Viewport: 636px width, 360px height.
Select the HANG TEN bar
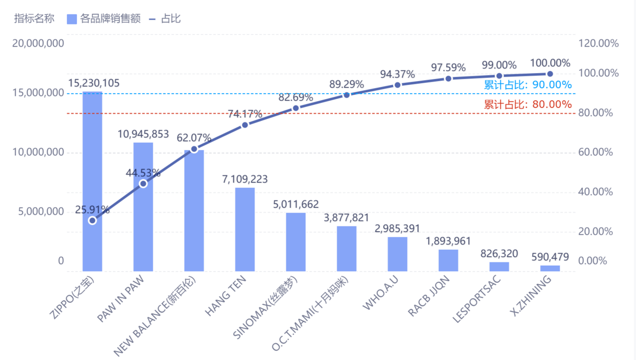click(x=245, y=230)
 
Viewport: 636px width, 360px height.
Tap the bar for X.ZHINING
click(x=550, y=268)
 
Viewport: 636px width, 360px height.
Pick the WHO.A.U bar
click(x=397, y=254)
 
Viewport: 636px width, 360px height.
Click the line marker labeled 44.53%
click(x=143, y=183)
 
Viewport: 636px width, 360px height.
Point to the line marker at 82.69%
click(x=296, y=108)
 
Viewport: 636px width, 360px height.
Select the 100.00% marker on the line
click(x=550, y=74)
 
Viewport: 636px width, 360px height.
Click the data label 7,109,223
click(x=245, y=179)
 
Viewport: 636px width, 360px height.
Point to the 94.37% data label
click(x=397, y=74)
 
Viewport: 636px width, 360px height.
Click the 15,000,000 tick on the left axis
click(x=38, y=93)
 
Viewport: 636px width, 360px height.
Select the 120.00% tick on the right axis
click(x=598, y=43)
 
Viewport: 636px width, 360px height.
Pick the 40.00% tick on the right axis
click(x=598, y=192)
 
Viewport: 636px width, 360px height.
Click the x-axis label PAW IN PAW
click(x=126, y=298)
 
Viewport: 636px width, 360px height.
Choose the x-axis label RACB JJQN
click(x=429, y=296)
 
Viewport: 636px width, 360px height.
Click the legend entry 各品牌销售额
click(x=104, y=19)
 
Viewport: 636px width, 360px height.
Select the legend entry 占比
click(x=165, y=19)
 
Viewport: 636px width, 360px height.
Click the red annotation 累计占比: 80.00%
click(x=528, y=104)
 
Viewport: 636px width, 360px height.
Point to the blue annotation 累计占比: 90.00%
click(x=528, y=85)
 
